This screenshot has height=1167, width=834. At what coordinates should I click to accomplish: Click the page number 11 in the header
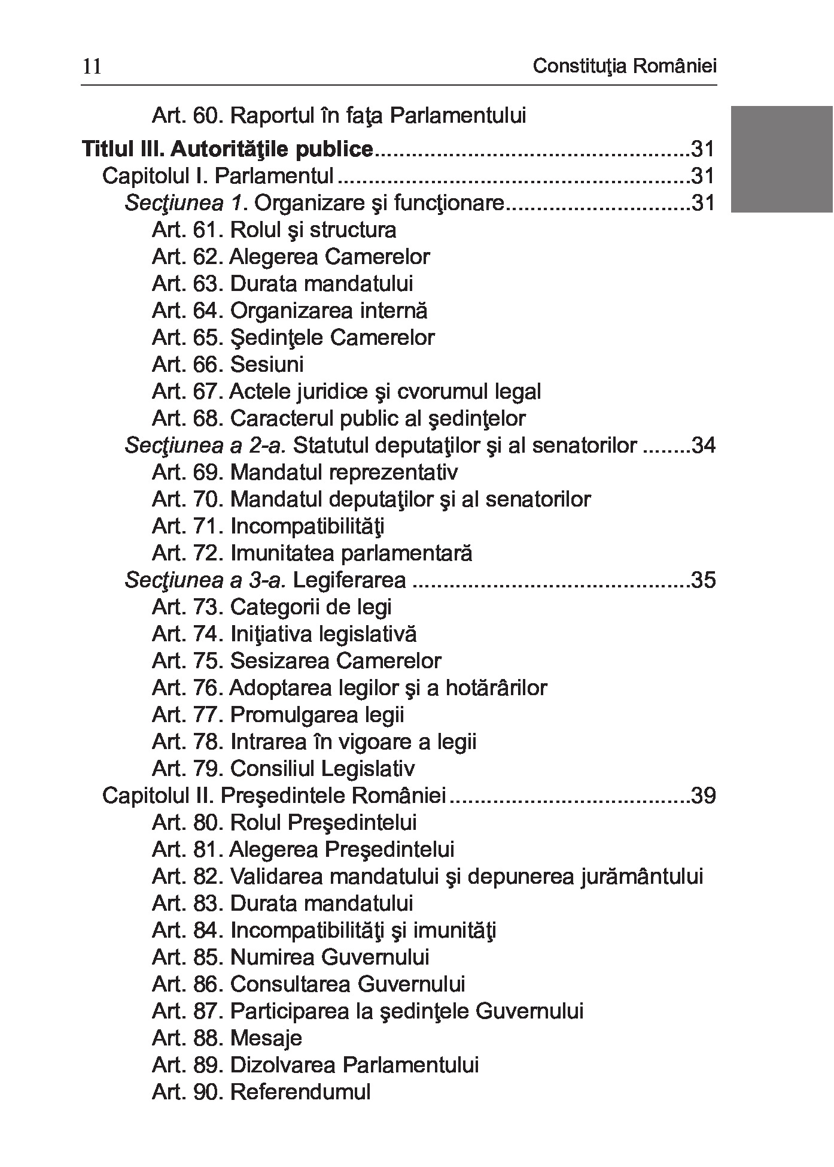92,66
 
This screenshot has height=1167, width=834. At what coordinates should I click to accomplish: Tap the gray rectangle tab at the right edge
781,159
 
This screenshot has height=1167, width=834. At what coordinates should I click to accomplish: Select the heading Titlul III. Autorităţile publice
227,149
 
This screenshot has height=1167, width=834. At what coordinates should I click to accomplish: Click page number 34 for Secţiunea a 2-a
703,445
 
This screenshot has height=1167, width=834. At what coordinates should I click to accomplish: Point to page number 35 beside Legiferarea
703,580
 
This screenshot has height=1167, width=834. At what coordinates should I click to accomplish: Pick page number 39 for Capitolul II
703,796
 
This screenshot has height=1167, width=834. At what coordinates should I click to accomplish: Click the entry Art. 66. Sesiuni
227,365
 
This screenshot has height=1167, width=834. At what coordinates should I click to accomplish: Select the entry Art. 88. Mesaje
227,1038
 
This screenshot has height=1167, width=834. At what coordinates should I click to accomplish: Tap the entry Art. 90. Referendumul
261,1092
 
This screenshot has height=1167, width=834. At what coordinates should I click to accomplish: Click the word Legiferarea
350,580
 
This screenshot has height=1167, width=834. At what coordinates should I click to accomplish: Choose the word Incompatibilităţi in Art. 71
307,526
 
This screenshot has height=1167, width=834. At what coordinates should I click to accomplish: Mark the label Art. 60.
187,115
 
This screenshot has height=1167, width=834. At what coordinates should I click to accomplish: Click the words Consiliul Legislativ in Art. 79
322,769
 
